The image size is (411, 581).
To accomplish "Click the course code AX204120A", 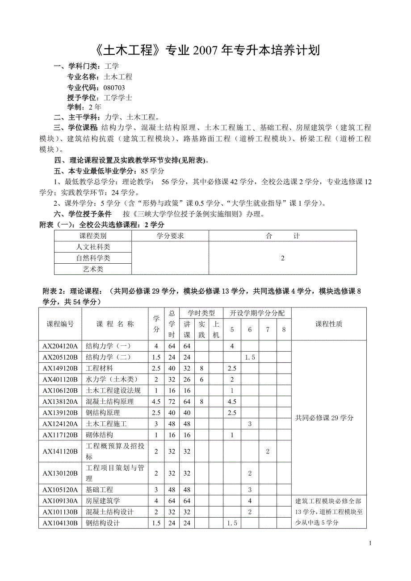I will (60, 346).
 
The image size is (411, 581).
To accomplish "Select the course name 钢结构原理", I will (103, 413).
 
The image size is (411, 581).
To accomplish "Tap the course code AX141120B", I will (60, 452).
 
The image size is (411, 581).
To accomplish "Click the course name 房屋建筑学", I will (103, 501).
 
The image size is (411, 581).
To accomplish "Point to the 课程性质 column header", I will (329, 324).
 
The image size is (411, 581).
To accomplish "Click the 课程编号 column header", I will (60, 324).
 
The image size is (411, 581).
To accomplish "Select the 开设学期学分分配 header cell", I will (257, 313).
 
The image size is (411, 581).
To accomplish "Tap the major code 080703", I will (114, 87).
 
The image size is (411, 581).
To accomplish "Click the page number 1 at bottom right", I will (370, 543).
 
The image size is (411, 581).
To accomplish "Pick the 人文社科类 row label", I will (93, 247).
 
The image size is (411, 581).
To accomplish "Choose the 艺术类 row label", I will (93, 269).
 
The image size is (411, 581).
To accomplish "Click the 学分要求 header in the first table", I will (170, 236).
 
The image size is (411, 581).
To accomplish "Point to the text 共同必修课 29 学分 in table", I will (324, 418).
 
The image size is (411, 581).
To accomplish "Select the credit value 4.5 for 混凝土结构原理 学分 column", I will (156, 402).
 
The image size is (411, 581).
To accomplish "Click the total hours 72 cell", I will (172, 402).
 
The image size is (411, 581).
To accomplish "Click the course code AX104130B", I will (60, 523).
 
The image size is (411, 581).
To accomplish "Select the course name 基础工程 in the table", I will (100, 490).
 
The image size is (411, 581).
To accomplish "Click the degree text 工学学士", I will (117, 97).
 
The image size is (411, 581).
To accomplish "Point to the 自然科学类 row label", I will (93, 258).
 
